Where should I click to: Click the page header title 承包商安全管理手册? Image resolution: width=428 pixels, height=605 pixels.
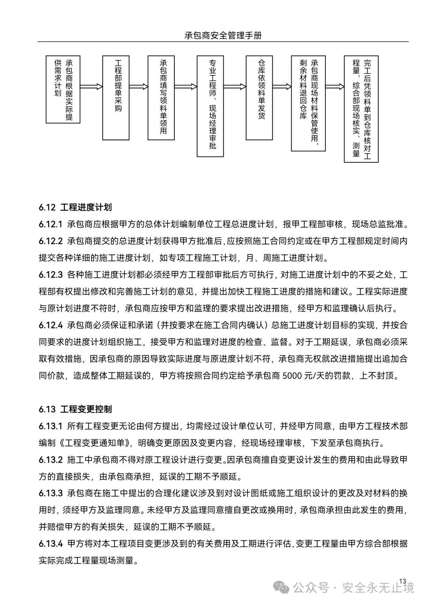[x=223, y=35]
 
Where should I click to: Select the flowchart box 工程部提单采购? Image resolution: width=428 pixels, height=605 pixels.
[x=116, y=97]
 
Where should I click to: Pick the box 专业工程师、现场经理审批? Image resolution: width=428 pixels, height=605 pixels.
[x=210, y=106]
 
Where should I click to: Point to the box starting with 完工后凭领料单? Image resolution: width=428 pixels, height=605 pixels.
[x=361, y=109]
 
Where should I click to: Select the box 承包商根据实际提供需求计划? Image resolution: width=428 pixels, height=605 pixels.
[x=63, y=89]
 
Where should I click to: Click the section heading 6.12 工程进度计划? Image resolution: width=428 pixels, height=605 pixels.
[x=75, y=207]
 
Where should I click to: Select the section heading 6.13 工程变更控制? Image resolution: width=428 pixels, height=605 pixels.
[x=75, y=409]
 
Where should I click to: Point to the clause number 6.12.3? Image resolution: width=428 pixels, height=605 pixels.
[x=51, y=275]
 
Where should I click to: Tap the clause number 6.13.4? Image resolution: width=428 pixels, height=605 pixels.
[x=51, y=544]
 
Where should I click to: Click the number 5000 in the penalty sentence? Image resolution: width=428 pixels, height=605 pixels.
[x=292, y=376]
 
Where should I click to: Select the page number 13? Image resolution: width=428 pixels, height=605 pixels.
[x=403, y=581]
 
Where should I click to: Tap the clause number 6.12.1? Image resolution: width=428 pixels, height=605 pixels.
[x=51, y=224]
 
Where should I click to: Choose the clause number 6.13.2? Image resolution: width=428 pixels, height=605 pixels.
[x=51, y=460]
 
